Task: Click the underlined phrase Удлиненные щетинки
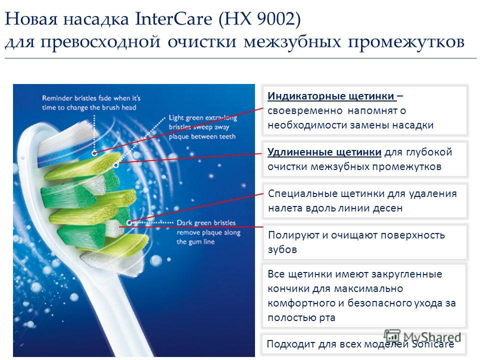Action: (324, 152)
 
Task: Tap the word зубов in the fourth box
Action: (282, 249)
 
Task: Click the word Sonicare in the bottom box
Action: (432, 344)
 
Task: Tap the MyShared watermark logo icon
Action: (392, 336)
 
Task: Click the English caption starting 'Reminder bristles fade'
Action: (91, 102)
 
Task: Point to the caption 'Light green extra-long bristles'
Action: (202, 127)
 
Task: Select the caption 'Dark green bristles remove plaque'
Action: (208, 232)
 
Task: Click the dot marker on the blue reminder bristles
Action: (94, 152)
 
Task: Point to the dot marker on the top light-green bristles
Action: (115, 165)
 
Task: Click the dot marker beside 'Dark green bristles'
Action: (129, 222)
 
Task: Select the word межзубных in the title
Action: (292, 42)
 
